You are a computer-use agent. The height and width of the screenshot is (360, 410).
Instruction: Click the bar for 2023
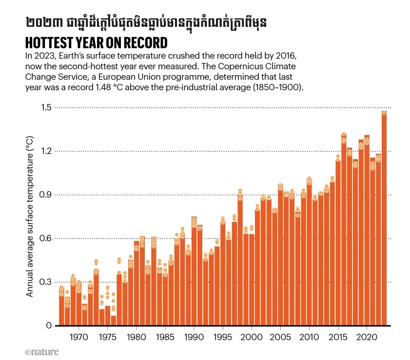click(x=384, y=220)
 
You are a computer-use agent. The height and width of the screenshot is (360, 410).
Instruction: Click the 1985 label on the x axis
click(x=165, y=337)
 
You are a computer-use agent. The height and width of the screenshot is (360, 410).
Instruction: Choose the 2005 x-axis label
click(x=280, y=337)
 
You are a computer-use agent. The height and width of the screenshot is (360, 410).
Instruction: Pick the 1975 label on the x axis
click(x=107, y=337)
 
